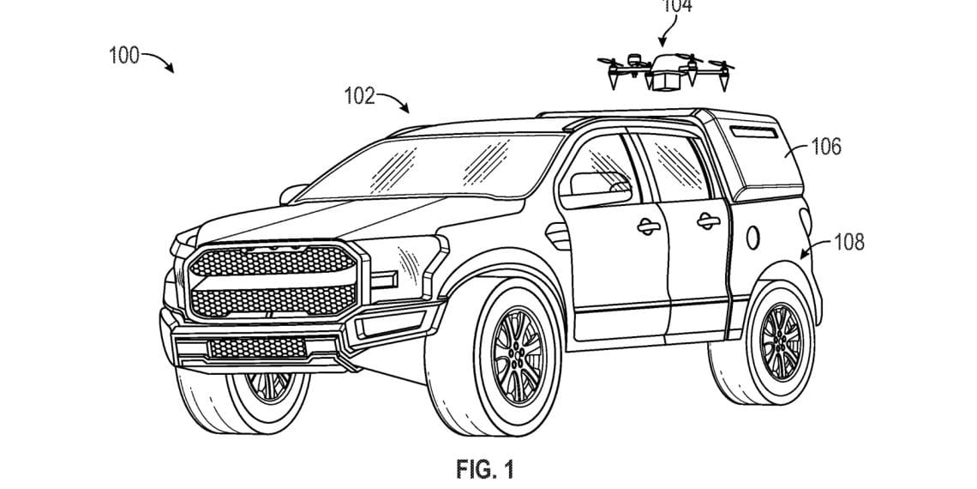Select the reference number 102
[359, 96]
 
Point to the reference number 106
[826, 147]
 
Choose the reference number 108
[848, 243]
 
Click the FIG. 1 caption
[485, 469]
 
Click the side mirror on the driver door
[593, 184]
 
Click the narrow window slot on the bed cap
[752, 130]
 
